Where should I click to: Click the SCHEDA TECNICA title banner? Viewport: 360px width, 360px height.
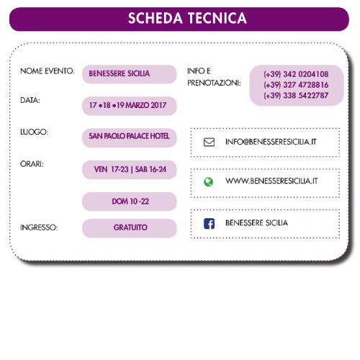pos(179,19)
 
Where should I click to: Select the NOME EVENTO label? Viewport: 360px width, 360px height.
pos(48,71)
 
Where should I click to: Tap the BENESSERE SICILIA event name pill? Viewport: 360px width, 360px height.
pos(130,74)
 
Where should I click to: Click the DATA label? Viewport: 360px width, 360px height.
pos(30,100)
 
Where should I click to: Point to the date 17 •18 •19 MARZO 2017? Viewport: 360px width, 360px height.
pos(127,105)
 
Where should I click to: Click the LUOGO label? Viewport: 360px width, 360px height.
pos(35,132)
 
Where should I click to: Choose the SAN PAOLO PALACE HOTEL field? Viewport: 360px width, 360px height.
pos(130,138)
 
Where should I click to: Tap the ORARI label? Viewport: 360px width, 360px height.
pos(32,164)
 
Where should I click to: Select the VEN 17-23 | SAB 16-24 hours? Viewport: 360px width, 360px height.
pos(130,169)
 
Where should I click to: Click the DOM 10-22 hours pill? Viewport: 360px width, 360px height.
pos(130,202)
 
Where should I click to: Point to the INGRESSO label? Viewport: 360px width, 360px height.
pos(39,228)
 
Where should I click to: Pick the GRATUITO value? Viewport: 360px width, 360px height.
pos(130,228)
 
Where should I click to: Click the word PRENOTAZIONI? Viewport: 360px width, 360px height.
pos(214,83)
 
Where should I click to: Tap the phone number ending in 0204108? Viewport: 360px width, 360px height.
pos(296,74)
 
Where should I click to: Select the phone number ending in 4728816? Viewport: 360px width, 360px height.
pos(296,85)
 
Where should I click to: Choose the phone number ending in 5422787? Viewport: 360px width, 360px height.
pos(296,96)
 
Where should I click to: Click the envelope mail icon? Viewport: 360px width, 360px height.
pos(209,142)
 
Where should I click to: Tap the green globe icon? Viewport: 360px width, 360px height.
pos(208,182)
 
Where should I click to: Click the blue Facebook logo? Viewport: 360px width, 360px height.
pos(209,224)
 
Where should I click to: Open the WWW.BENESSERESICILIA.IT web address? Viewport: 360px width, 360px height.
pos(271,181)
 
